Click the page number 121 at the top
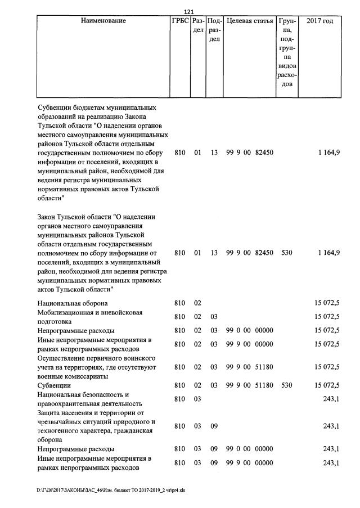click(189, 12)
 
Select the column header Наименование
click(103, 21)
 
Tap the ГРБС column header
click(179, 21)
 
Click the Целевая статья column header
click(249, 21)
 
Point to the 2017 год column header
click(319, 21)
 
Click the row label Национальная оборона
click(73, 303)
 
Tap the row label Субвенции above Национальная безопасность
click(54, 385)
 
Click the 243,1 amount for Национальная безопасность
click(331, 399)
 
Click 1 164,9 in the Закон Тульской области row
click(328, 253)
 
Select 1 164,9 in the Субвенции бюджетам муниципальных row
click(328, 152)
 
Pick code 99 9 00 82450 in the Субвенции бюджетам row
click(249, 152)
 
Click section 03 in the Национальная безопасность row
click(197, 399)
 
